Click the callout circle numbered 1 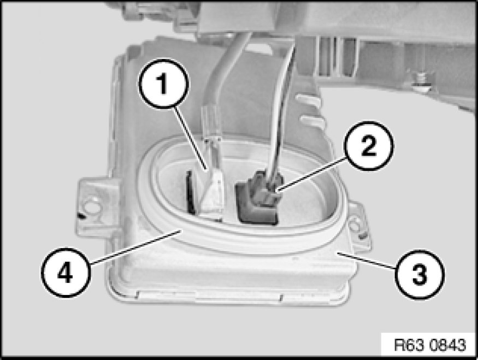pos(164,84)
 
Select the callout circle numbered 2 pos(369,146)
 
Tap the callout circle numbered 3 pos(420,274)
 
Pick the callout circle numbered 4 pos(66,272)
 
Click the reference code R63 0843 pos(430,345)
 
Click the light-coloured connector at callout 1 pos(213,191)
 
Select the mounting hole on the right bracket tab pos(354,226)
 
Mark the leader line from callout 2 pos(311,174)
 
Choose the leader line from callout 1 pos(191,139)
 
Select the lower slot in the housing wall pos(311,120)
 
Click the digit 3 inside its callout pos(420,274)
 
